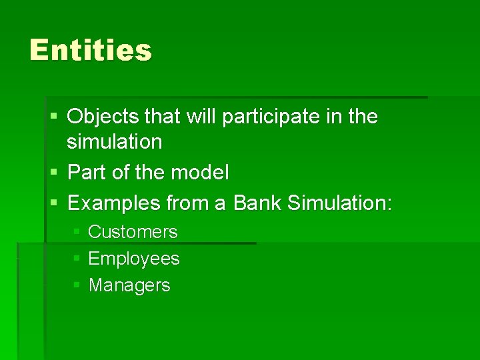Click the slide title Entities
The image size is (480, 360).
[91, 51]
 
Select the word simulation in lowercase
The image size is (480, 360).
[114, 142]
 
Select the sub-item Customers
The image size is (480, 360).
[133, 232]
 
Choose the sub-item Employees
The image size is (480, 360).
[133, 259]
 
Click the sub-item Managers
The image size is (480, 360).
[129, 285]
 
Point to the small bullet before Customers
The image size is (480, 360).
[77, 232]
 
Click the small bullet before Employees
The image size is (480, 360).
[77, 258]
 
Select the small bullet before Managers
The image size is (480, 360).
[77, 285]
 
